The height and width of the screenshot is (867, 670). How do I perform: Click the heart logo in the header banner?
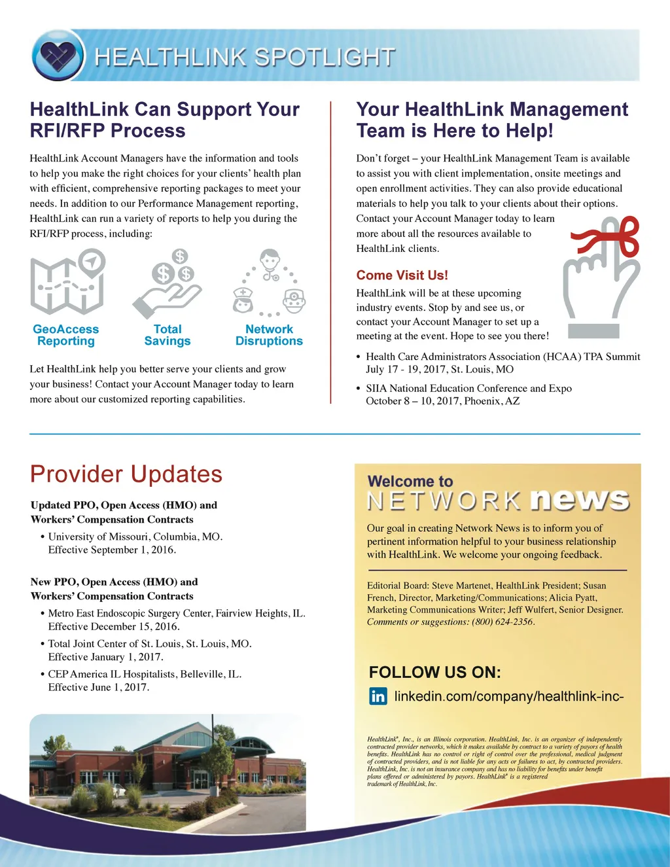(58, 56)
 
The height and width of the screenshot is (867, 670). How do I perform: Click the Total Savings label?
(167, 335)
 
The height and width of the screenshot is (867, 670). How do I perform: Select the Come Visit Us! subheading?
(402, 275)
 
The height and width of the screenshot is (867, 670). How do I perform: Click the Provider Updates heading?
(126, 474)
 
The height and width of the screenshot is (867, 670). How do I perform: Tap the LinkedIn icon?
(378, 696)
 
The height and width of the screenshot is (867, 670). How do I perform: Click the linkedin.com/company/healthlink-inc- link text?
(508, 696)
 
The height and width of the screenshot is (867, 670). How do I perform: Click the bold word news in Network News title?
(580, 500)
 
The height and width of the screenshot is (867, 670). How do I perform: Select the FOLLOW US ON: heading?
(434, 673)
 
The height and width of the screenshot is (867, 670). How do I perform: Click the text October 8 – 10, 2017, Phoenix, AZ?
(442, 401)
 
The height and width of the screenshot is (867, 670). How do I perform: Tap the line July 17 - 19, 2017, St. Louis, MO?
(440, 370)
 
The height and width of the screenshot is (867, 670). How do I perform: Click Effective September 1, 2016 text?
(112, 550)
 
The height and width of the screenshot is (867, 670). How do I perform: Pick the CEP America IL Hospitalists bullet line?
(145, 674)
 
